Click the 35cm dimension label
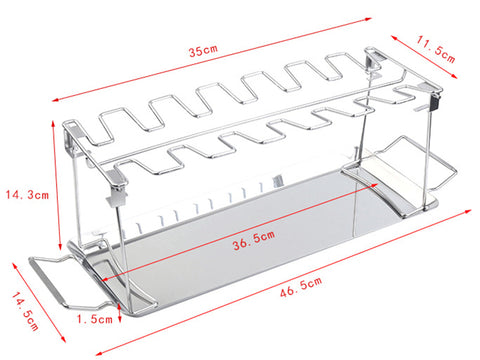(203, 50)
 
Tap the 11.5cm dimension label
(435, 49)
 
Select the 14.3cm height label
(27, 194)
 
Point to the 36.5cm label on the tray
(254, 240)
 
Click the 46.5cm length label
(301, 287)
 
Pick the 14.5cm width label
(25, 311)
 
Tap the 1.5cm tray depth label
(95, 319)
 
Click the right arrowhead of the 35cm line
(368, 19)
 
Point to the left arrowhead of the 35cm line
(56, 99)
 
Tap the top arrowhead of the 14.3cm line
(53, 124)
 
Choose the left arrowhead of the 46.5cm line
(99, 353)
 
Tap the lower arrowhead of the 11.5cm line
(454, 76)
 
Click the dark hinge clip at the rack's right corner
(435, 102)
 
